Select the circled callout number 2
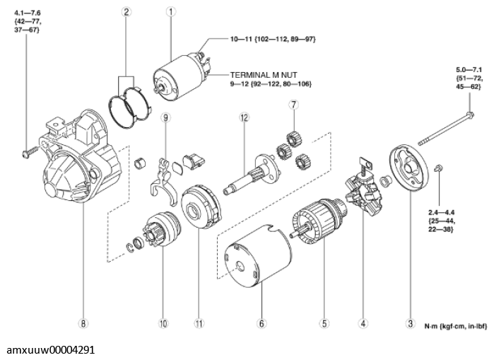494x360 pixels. pos(126,11)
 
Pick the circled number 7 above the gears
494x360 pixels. pos(290,105)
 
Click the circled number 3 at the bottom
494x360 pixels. pos(409,325)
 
